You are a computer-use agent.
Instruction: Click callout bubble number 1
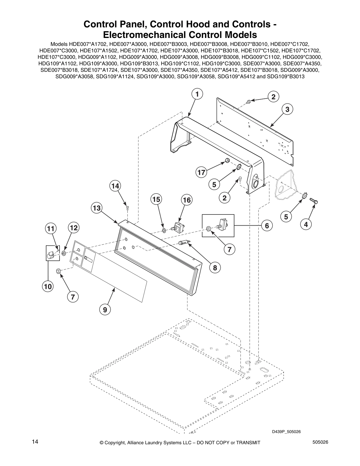197,94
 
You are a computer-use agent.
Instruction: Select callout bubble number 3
287,109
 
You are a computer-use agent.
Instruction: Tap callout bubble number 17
201,172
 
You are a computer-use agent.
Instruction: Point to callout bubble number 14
116,186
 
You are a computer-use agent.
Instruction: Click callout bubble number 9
105,309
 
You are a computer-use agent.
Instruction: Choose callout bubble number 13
97,208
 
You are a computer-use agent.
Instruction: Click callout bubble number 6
266,226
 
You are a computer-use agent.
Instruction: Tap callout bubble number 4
306,224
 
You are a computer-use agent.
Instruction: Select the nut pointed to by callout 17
227,160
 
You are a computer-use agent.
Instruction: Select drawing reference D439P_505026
286,432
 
